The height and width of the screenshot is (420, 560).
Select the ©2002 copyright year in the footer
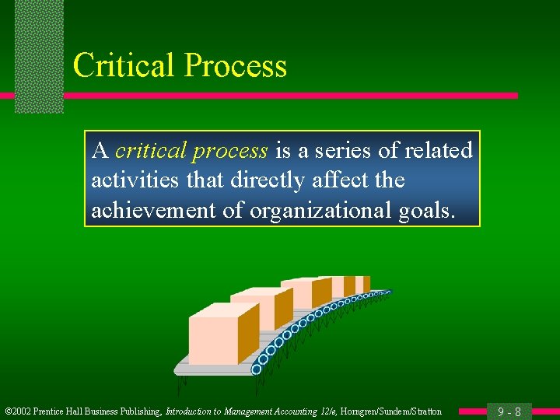click(x=19, y=411)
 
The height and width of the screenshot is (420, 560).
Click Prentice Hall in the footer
click(x=62, y=411)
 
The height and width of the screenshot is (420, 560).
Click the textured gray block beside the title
click(x=39, y=54)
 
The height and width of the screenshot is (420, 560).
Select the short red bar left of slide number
click(x=471, y=411)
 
